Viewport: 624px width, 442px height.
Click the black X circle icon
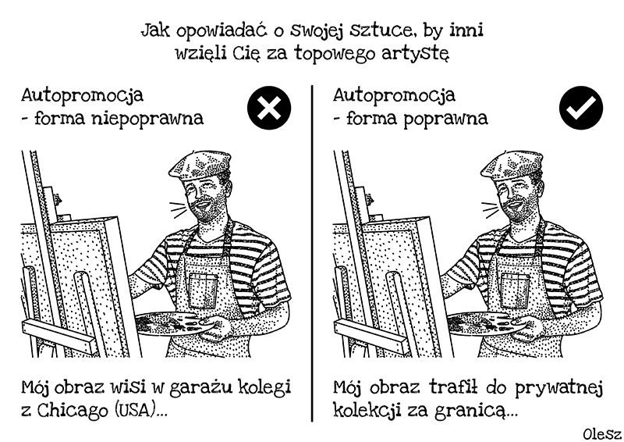pyautogui.click(x=269, y=108)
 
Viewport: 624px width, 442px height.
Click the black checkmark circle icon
pyautogui.click(x=581, y=108)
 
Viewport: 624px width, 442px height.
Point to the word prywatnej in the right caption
pyautogui.click(x=559, y=387)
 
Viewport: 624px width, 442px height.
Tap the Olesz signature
pyautogui.click(x=601, y=433)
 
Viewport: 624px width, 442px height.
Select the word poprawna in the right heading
pyautogui.click(x=445, y=119)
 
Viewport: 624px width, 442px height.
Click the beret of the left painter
pyautogui.click(x=200, y=164)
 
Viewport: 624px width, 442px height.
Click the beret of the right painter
pyautogui.click(x=512, y=164)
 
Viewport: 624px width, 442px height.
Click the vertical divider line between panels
pyautogui.click(x=313, y=253)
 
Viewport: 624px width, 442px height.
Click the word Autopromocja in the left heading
pyautogui.click(x=83, y=95)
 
